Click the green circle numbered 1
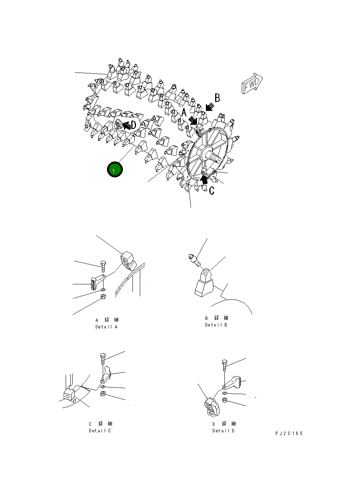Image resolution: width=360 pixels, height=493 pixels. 115,169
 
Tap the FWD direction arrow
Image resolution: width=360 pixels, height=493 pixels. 252,83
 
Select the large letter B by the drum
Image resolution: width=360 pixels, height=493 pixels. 217,98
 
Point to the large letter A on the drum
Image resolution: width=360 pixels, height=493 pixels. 184,112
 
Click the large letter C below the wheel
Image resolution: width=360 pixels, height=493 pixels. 212,190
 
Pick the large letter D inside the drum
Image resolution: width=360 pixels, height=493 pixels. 134,125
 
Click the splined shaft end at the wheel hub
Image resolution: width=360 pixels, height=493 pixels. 215,158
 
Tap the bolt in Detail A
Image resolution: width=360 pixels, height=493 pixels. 103,266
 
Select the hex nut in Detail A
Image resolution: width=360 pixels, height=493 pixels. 103,296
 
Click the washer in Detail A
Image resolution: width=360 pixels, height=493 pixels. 103,289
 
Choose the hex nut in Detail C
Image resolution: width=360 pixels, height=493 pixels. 103,394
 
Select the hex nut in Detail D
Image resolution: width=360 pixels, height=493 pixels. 225,400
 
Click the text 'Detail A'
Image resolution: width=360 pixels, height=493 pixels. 107,327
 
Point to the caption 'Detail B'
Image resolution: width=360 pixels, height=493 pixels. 216,325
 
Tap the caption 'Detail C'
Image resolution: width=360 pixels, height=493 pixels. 100,431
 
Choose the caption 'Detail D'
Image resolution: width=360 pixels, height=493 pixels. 224,431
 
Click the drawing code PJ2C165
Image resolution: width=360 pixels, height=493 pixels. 289,433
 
